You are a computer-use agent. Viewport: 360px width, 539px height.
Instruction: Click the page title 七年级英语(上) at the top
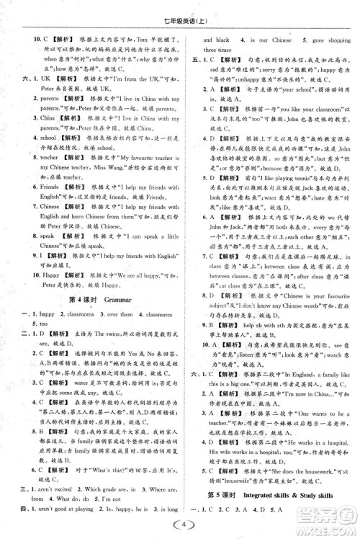point(179,9)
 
